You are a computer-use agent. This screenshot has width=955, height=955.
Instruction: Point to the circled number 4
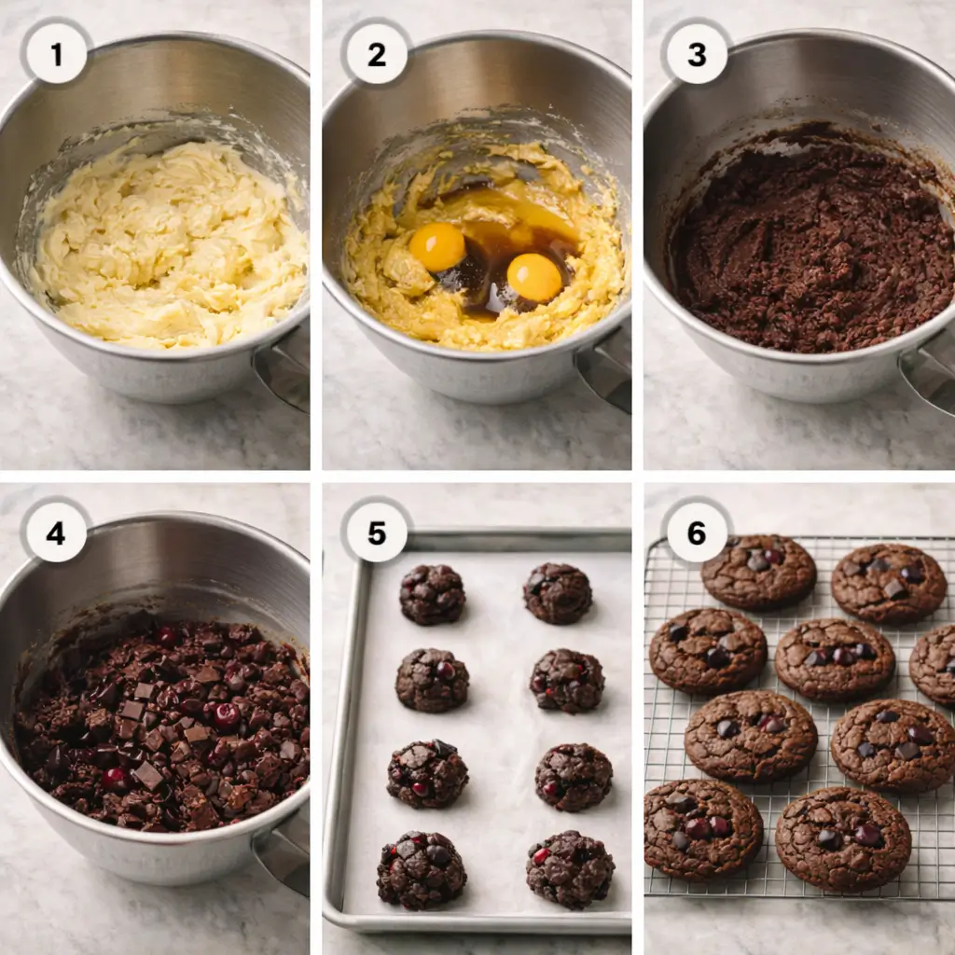[56, 533]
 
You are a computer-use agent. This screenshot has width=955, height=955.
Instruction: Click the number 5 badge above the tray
[376, 533]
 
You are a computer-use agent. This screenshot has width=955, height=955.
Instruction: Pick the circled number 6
[697, 533]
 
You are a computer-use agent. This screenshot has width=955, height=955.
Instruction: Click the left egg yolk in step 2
[436, 247]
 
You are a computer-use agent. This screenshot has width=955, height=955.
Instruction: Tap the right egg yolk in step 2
[534, 277]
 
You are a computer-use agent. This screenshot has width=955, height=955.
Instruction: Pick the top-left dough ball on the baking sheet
[432, 594]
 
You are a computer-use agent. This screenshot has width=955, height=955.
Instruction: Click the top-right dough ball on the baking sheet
[557, 593]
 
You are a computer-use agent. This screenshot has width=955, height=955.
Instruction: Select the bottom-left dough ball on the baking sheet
[422, 870]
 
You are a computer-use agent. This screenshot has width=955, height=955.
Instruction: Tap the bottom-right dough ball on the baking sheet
[570, 869]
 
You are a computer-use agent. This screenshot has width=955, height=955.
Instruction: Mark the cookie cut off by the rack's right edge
[934, 664]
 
